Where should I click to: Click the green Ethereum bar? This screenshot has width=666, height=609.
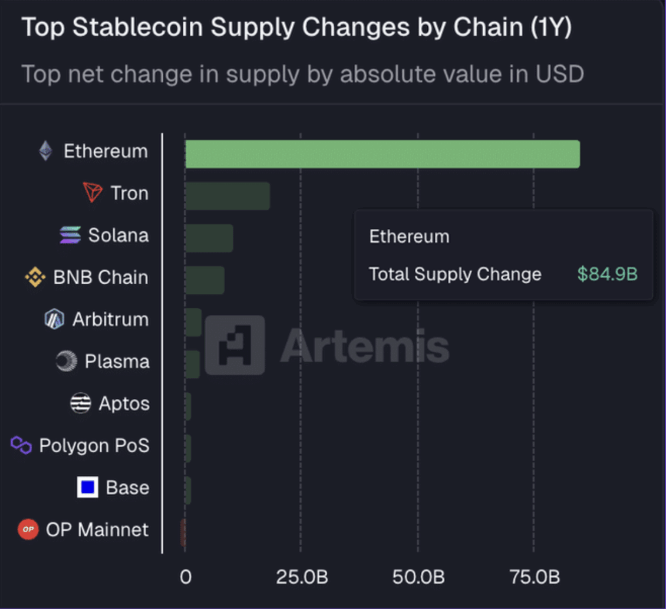[382, 154]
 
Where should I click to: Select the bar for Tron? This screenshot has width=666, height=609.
[228, 196]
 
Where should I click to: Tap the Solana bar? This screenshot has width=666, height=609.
[209, 238]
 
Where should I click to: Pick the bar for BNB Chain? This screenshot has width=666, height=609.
[205, 280]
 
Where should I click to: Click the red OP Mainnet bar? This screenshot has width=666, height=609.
[183, 532]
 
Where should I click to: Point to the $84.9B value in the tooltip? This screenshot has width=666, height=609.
[607, 274]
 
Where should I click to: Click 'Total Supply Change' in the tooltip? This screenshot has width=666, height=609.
[455, 274]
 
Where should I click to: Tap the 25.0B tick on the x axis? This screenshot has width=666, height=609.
[302, 577]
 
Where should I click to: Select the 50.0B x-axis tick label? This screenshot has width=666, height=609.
[418, 577]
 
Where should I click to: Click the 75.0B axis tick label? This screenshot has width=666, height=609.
[533, 577]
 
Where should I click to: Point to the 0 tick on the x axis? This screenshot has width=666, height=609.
[186, 577]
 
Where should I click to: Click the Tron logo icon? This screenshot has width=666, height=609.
[93, 193]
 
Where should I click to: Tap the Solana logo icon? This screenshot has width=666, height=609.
[70, 235]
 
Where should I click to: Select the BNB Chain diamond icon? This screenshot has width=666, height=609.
[35, 277]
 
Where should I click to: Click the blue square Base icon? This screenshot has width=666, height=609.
[87, 487]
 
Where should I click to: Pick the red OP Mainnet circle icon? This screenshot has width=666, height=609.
[28, 530]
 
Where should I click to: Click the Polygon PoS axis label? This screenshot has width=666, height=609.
[94, 446]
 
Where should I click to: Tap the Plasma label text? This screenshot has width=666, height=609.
[117, 361]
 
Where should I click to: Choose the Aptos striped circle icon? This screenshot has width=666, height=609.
[81, 403]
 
